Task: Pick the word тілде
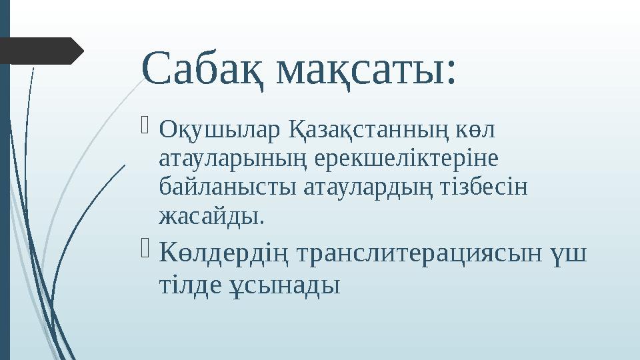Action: click(187, 286)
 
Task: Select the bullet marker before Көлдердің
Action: click(147, 249)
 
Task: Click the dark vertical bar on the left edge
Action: click(5, 200)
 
